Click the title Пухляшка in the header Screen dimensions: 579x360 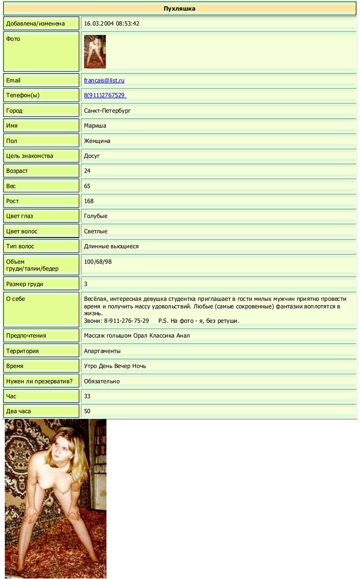point(180,8)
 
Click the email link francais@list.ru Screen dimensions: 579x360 point(104,80)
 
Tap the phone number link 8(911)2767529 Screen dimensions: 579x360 point(104,96)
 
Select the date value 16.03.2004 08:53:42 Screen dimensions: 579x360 point(112,24)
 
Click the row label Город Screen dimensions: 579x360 point(14,111)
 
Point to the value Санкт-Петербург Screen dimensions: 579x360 point(107,111)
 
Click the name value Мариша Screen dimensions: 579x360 point(95,126)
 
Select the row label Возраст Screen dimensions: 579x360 point(17,171)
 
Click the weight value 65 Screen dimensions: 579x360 point(87,186)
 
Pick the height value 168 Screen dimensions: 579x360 point(89,201)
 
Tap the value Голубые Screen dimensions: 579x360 point(96,216)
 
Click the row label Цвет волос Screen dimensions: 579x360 point(22,231)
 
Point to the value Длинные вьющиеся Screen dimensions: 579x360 point(111,247)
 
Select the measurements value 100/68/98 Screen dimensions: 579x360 point(98,262)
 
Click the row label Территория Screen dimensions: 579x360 point(23,351)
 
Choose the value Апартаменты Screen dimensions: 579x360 point(102,351)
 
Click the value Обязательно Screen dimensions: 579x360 point(102,381)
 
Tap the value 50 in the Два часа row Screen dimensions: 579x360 point(87,411)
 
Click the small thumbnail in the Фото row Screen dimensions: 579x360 point(95,51)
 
